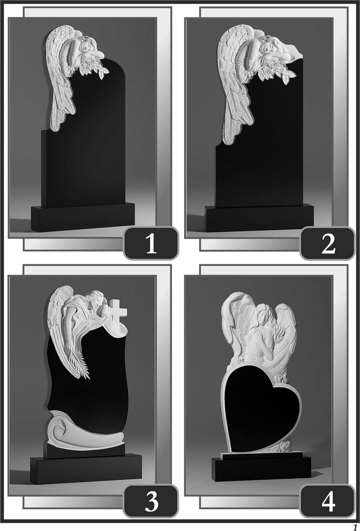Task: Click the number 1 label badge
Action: coord(151,244)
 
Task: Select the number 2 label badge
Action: coord(328,244)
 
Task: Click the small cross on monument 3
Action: coord(118,310)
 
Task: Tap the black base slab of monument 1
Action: coord(83,217)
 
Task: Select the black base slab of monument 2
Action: coord(259,219)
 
